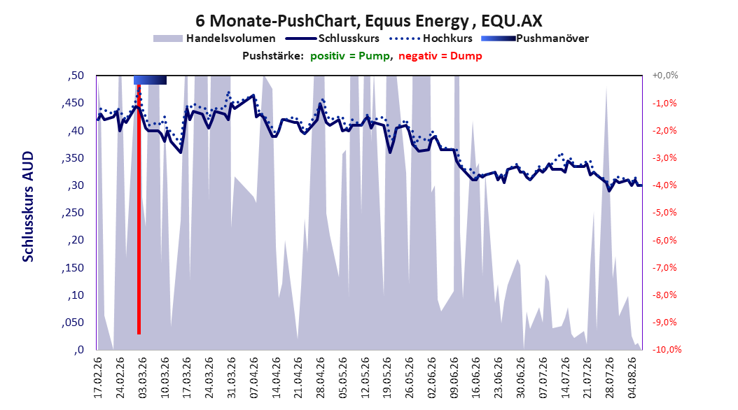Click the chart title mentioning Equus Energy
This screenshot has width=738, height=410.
pos(369,21)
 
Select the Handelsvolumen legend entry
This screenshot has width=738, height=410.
pos(215,38)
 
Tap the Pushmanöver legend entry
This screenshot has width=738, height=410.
pos(535,38)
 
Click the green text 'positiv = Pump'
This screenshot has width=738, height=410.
pos(350,56)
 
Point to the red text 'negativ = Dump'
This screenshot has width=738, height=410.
pos(440,56)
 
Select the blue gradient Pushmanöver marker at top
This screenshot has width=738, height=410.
pos(150,80)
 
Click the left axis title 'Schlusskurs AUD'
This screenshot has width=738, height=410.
pos(28,206)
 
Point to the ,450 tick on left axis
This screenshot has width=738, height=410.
pos(73,103)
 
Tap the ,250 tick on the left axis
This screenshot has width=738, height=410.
pos(73,213)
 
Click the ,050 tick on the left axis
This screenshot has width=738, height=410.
pos(73,323)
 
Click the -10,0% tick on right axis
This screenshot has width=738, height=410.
pos(667,349)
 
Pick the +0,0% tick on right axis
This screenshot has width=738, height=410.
pos(664,76)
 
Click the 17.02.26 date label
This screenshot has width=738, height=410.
pos(98,378)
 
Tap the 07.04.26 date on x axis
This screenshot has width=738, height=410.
pos(254,378)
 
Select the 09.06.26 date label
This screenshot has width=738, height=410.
pos(454,378)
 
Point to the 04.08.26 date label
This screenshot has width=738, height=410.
pos(632,378)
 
